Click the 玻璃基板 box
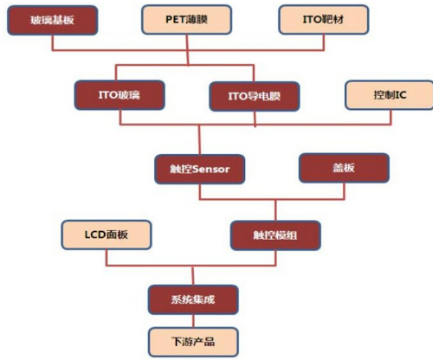53,20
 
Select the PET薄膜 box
187,20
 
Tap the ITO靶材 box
324,20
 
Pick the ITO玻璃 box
119,95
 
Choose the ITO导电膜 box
255,96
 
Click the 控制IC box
389,95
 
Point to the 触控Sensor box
200,170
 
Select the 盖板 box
344,168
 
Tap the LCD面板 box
107,235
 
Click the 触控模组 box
275,235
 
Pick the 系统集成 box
193,299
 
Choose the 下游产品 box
193,342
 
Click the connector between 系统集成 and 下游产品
193,321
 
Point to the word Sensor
210,170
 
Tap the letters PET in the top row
174,20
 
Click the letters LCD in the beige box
95,235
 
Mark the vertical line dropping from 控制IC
391,117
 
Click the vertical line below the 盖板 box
344,191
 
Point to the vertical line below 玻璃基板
53,42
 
